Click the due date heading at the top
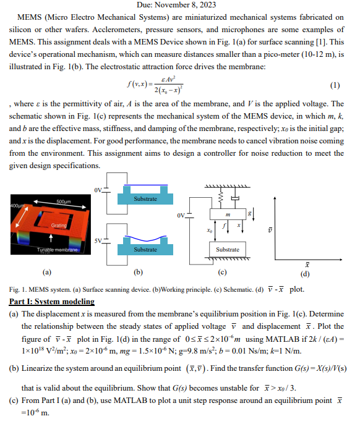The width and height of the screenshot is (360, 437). [179, 5]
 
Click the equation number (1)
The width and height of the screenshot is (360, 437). [335, 85]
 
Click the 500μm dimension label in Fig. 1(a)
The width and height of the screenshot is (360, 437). [63, 202]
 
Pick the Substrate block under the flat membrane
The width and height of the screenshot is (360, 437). [145, 199]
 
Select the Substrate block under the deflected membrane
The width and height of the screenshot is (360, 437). [145, 250]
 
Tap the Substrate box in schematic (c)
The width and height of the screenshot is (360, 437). [228, 250]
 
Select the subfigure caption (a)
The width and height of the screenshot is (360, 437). [46, 271]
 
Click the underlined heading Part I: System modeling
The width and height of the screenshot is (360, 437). [53, 301]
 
